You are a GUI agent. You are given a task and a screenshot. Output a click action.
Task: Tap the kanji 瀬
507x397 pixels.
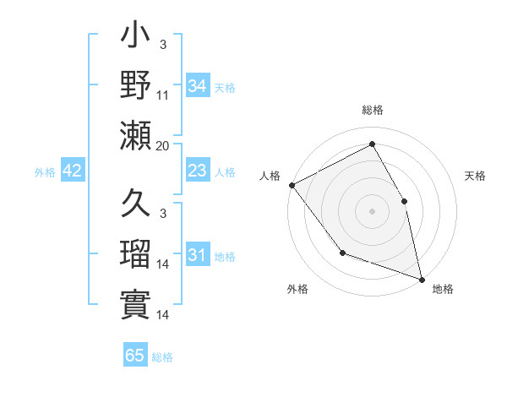tap(136, 134)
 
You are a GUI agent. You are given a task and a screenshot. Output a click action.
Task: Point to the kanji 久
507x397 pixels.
tap(136, 204)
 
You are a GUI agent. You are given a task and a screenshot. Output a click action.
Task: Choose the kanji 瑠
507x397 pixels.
tap(136, 255)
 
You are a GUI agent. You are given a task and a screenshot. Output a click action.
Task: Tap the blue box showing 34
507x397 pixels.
tap(198, 86)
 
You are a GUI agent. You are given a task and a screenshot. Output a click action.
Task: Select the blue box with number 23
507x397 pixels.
tap(198, 171)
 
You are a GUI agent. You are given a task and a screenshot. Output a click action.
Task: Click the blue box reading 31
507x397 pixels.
tap(198, 256)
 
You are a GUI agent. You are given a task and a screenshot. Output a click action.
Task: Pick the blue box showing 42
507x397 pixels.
tap(73, 171)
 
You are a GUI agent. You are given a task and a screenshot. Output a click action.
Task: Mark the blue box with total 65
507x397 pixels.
tap(135, 356)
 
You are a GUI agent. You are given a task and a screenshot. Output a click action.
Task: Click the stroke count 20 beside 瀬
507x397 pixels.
tap(163, 145)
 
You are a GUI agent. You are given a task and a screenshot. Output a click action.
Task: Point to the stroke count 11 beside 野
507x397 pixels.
tap(163, 96)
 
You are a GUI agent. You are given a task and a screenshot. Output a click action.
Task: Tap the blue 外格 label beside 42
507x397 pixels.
tap(45, 172)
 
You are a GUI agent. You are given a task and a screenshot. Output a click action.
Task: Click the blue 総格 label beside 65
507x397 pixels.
tap(162, 357)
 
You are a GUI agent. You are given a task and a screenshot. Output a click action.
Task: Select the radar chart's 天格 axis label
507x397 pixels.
tap(476, 177)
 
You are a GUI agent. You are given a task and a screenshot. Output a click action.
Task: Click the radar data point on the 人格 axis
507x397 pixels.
tap(292, 185)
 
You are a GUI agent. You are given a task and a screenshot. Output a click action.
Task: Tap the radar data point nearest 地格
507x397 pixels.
tap(421, 278)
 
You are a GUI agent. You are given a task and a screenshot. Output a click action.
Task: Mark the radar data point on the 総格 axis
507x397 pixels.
tap(372, 144)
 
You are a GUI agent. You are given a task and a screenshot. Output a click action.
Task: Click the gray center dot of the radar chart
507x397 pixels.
tap(372, 210)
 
